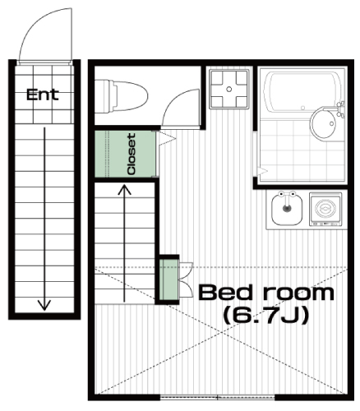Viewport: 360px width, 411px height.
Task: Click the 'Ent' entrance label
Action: [x=43, y=95]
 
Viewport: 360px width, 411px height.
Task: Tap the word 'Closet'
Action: [x=132, y=154]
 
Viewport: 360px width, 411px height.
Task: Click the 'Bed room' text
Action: [x=266, y=293]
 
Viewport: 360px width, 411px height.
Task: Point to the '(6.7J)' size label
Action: [x=266, y=316]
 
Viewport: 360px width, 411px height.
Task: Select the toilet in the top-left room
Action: [x=121, y=96]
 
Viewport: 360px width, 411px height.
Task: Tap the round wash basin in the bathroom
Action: [x=324, y=123]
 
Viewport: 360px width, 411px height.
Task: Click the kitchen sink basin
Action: [x=287, y=210]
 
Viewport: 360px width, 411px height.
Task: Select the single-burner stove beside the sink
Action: [x=325, y=209]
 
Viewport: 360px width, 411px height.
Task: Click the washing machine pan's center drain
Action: [x=229, y=89]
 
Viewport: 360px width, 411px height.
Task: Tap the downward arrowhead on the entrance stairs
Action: [x=44, y=305]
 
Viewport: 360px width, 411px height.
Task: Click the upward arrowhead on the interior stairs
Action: [x=124, y=190]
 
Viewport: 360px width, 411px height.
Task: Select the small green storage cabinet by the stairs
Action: [x=168, y=279]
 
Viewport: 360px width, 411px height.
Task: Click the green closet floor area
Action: [x=125, y=154]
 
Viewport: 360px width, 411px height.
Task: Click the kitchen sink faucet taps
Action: [x=287, y=195]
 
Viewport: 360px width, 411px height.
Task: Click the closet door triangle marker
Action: [x=167, y=138]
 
